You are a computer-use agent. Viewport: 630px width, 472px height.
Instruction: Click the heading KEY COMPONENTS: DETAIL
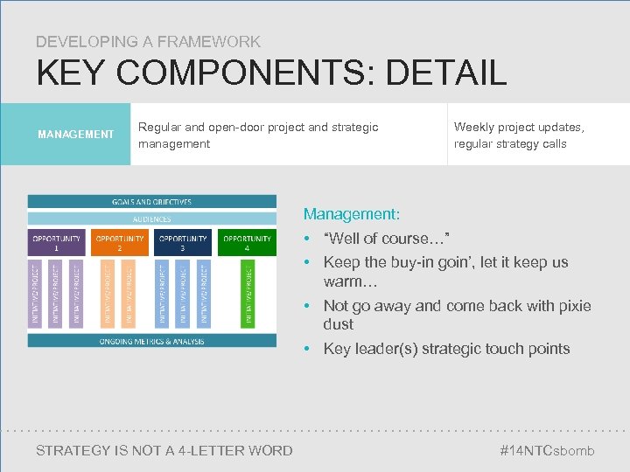pyautogui.click(x=271, y=73)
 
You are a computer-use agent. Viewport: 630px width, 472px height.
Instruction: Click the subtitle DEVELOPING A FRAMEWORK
pyautogui.click(x=148, y=41)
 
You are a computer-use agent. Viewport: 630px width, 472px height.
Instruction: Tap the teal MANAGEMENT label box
pyautogui.click(x=76, y=135)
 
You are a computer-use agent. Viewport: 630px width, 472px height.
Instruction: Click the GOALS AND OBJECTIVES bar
pyautogui.click(x=151, y=202)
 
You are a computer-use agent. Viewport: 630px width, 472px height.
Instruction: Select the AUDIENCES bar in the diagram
pyautogui.click(x=151, y=219)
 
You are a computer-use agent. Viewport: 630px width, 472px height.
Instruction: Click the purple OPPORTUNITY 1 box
pyautogui.click(x=57, y=242)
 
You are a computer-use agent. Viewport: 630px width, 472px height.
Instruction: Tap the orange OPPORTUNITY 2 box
pyautogui.click(x=120, y=242)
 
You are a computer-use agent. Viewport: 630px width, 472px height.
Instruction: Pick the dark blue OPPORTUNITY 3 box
pyautogui.click(x=183, y=242)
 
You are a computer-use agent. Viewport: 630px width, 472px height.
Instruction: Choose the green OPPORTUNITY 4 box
pyautogui.click(x=247, y=242)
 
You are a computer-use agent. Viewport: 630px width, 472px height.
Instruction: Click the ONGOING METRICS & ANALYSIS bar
pyautogui.click(x=151, y=340)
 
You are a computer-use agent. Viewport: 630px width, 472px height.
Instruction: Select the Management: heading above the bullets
pyautogui.click(x=351, y=213)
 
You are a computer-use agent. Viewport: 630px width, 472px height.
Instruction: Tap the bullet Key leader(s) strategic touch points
pyautogui.click(x=446, y=349)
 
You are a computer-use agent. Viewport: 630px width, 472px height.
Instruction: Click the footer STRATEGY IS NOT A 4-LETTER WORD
pyautogui.click(x=164, y=450)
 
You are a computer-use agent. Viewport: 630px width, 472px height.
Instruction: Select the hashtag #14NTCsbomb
pyautogui.click(x=546, y=450)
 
